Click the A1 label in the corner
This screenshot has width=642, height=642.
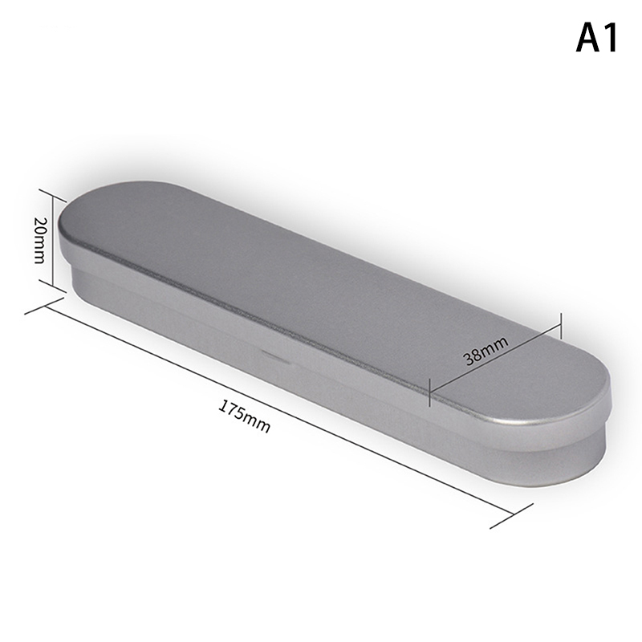tap(597, 37)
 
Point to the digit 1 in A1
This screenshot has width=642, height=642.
tap(612, 37)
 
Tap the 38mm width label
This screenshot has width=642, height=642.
tap(486, 351)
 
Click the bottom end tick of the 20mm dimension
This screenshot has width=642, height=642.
tap(53, 286)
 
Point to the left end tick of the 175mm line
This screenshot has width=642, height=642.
tap(44, 306)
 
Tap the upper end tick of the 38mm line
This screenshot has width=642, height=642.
tap(559, 326)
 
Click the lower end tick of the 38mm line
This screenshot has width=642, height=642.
tap(430, 392)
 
